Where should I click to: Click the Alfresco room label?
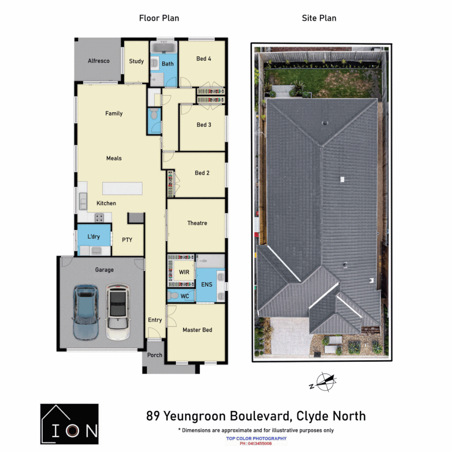(99, 61)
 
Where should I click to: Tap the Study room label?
(136, 62)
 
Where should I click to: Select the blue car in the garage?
(86, 311)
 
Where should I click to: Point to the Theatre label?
(197, 223)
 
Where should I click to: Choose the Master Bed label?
(197, 330)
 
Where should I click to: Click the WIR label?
(184, 272)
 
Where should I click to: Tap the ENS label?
(206, 285)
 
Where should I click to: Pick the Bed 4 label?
(204, 59)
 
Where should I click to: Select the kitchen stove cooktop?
(100, 217)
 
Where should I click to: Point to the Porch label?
(154, 355)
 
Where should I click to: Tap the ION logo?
(69, 424)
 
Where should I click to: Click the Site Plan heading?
(319, 18)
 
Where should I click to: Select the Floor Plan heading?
(159, 18)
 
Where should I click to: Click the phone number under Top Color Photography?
(256, 444)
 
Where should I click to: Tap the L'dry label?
(94, 237)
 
